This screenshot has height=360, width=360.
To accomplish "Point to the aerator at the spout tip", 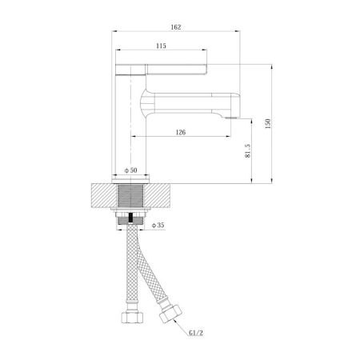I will pos(233,117).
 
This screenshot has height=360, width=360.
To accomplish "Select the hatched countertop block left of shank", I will pos(102,197).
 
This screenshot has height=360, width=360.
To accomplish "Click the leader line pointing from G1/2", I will pos(181,326).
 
